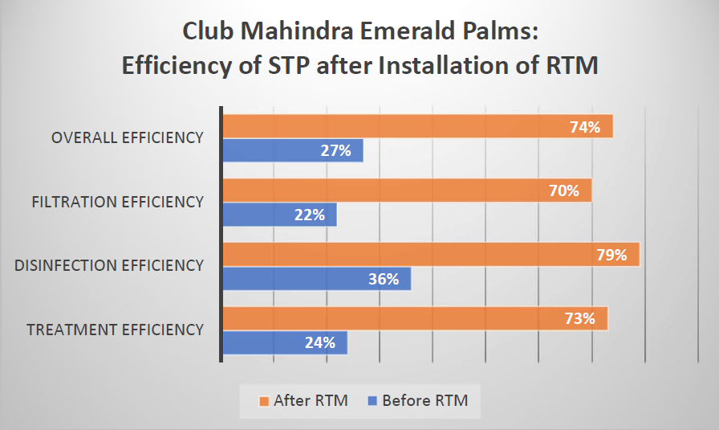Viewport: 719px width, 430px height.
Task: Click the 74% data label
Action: coord(586,126)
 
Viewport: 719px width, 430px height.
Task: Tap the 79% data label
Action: coord(611,255)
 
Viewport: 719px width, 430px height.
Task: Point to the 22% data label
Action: coord(309,215)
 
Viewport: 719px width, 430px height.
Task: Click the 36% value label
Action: coord(384,279)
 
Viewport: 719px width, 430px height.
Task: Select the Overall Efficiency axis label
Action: coord(127,137)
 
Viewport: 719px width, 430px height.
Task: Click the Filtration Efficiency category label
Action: coord(117,202)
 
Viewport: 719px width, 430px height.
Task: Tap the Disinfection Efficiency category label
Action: coord(109,265)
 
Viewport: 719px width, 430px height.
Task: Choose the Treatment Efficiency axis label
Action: coord(115,330)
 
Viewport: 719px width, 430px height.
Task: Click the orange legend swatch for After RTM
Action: coord(262,400)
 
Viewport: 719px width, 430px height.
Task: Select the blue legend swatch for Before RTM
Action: coord(371,400)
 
